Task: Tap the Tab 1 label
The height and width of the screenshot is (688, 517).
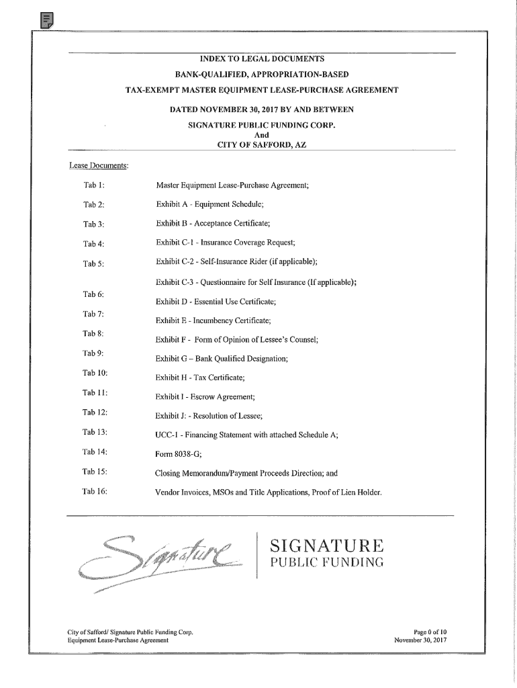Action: pos(93,185)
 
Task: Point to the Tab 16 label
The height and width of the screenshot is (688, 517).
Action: pos(95,492)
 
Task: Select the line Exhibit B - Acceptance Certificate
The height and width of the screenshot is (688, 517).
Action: pos(218,223)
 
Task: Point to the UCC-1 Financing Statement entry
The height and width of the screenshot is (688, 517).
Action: pos(246,435)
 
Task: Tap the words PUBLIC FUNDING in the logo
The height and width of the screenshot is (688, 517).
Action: pos(326,562)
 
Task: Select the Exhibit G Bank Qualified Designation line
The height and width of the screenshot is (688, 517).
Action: pos(222,359)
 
